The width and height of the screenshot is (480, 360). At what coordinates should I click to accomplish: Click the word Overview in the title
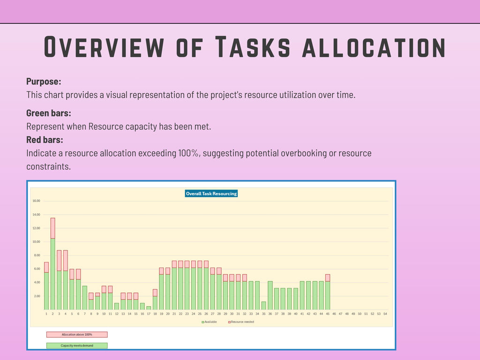(104, 47)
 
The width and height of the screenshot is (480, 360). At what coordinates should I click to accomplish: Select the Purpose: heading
(44, 81)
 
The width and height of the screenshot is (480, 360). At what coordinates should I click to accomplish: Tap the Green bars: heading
(49, 113)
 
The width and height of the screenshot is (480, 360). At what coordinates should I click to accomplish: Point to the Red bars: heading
(45, 140)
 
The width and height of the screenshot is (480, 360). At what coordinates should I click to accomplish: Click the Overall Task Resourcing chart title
(211, 194)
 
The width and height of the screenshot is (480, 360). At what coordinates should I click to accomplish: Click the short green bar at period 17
(149, 308)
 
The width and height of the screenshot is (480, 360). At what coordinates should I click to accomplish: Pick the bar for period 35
(264, 306)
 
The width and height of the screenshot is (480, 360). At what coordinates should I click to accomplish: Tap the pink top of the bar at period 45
(328, 277)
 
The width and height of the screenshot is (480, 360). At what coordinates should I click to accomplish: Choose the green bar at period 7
(85, 298)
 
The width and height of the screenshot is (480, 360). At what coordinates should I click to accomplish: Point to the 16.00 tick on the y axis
(36, 201)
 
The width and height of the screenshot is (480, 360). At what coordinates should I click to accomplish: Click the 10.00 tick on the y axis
(36, 242)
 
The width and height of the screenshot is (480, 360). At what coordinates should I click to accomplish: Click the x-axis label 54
(385, 314)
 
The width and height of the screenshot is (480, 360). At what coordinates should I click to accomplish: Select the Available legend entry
(210, 322)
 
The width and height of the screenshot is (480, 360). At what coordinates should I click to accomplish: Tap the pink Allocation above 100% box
(77, 335)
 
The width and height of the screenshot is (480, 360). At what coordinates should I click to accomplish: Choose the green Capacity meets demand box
(77, 345)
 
